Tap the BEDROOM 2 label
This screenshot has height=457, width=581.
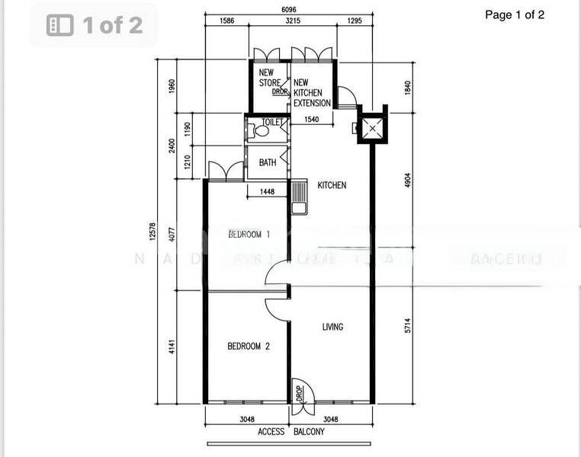tap(249, 347)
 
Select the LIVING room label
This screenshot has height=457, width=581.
tap(332, 327)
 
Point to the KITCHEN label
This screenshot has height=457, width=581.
tap(332, 185)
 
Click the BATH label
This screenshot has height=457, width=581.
tap(268, 162)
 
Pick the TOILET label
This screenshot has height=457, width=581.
tap(272, 122)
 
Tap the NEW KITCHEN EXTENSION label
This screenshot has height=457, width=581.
tap(312, 93)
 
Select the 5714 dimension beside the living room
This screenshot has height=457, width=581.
tap(408, 326)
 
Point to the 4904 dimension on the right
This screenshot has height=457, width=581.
tap(408, 181)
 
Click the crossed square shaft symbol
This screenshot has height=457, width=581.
tap(372, 129)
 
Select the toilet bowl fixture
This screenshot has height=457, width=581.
tap(261, 130)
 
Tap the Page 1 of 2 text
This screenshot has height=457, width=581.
tap(515, 14)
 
